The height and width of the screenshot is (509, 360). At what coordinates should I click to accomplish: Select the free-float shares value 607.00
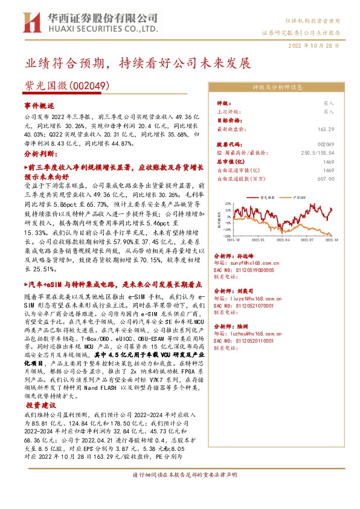click(x=325, y=178)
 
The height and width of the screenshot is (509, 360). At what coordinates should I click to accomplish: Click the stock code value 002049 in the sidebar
click(x=326, y=145)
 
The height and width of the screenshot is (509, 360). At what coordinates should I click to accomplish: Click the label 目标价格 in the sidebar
click(x=227, y=120)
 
